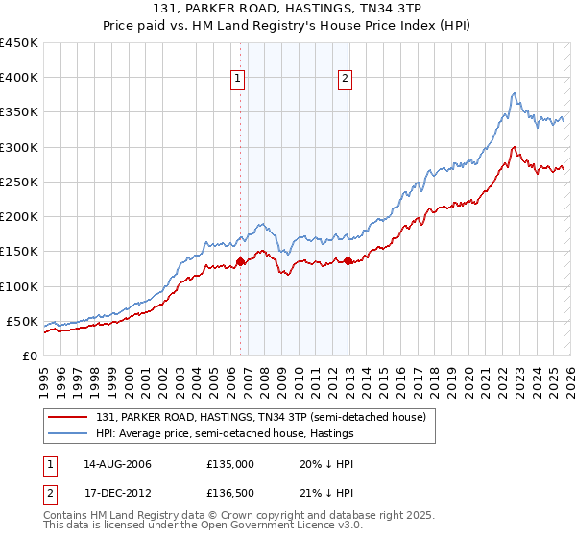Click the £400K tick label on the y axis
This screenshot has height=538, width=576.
pos(19,78)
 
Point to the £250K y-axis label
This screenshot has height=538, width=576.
pos(19,182)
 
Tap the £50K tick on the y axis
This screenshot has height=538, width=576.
pos(23,321)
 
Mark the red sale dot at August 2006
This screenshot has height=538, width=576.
pos(240,261)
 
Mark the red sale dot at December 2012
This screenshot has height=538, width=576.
pos(348,260)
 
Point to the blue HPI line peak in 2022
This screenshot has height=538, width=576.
pos(515,93)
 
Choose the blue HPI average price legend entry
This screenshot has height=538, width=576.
pos(225,433)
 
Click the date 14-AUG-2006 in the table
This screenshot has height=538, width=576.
pos(117,464)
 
